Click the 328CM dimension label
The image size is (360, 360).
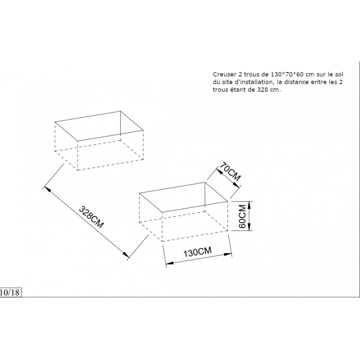point(91,217)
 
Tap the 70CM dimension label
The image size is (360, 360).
point(229,173)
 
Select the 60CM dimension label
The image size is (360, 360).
point(242,216)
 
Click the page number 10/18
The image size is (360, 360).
point(9,292)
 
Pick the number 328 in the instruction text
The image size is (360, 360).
point(264,90)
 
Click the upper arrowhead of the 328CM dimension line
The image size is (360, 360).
point(47,185)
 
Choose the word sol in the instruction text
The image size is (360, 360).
point(341,73)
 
